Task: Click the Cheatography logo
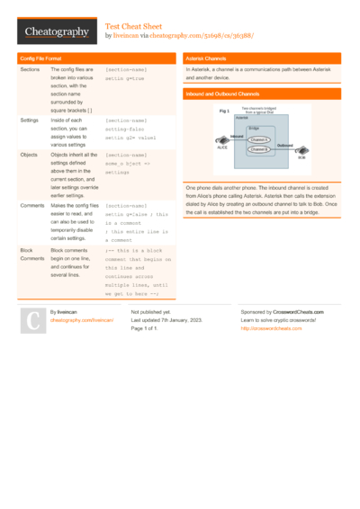[56, 31]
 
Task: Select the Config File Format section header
[41, 58]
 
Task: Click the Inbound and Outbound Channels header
[222, 94]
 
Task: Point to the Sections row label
[30, 69]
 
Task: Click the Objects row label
[29, 155]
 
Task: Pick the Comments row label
[32, 206]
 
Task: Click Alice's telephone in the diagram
[220, 142]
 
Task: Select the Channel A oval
[259, 140]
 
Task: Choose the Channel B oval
[259, 149]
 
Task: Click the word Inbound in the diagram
[236, 137]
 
